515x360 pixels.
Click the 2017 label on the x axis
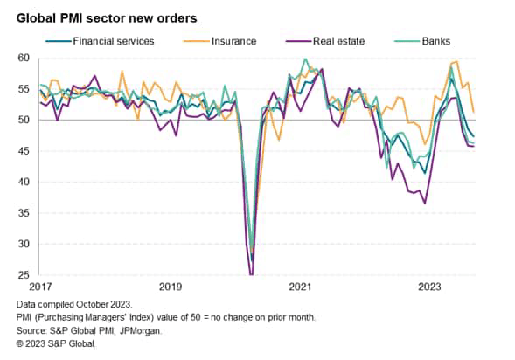click(x=40, y=287)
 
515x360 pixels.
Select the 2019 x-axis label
click(x=170, y=287)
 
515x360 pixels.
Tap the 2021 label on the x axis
click(x=300, y=287)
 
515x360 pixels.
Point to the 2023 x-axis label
click(x=429, y=287)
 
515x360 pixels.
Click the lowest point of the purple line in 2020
click(x=252, y=274)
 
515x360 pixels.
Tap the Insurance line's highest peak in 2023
click(x=457, y=62)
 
